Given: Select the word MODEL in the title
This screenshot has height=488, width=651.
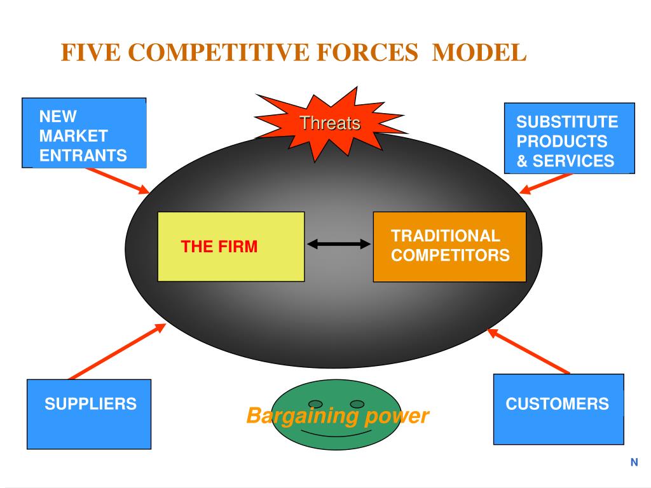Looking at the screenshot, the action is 479,53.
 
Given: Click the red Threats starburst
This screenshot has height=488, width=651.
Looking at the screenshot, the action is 330,123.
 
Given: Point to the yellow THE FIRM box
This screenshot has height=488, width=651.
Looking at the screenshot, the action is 231,247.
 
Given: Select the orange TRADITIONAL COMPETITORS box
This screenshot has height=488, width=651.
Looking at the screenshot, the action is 449,247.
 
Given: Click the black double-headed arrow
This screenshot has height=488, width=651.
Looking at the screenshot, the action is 339,244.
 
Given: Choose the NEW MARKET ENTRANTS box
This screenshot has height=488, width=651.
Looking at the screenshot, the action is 85,133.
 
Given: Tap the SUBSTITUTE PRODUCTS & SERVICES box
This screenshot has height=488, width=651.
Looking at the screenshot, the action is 570,138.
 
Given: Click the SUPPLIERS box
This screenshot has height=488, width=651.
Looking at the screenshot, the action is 89,414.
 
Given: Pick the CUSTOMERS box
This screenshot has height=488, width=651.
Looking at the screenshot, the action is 558,409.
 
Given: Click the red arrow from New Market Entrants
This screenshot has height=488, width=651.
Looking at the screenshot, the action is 117,180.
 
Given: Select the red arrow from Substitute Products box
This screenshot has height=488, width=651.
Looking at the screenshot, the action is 545,184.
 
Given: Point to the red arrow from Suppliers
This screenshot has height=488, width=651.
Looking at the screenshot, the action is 118,351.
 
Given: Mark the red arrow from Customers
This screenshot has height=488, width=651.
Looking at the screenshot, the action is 528,351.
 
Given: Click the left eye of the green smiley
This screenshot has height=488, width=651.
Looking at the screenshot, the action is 315,403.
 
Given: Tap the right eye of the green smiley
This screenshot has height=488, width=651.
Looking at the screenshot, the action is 357,403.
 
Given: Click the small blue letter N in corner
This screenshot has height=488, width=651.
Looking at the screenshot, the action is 634,463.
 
